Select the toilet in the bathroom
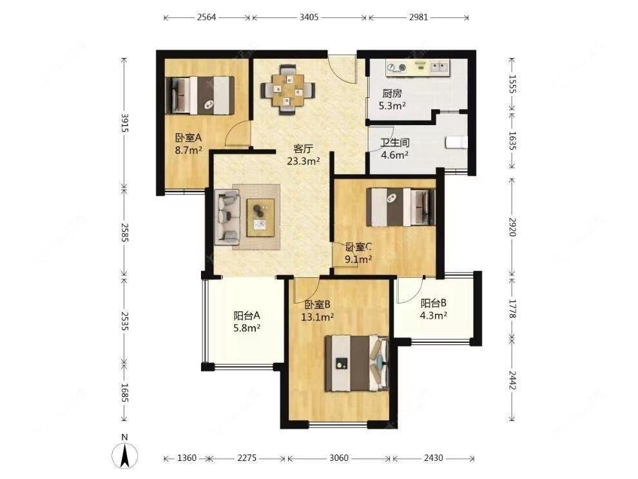coord(456,142)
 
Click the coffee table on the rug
coord(260,217)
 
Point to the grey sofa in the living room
coord(228,217)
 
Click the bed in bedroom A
coord(200,95)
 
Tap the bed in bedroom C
coord(401,206)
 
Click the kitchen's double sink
coord(439,66)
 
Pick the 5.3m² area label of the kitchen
coord(392,106)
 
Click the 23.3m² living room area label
coord(304,161)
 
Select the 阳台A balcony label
coord(247,315)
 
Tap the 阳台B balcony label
coord(434,303)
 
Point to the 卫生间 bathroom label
coord(394,143)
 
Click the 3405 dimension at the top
coord(309,17)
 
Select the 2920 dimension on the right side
coord(513,227)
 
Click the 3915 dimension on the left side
coord(125,122)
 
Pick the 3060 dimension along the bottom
coord(339,458)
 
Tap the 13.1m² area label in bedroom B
coord(317,317)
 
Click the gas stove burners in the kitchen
coord(397,67)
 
